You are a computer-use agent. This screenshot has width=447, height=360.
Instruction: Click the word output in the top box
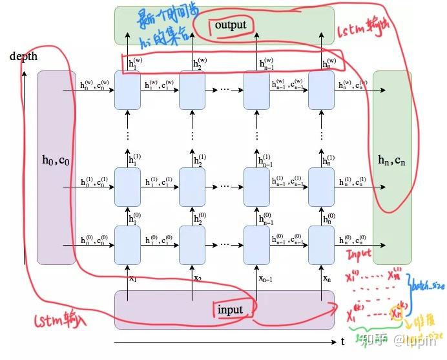[231, 25]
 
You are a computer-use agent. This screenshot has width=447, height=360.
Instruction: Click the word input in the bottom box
[230, 310]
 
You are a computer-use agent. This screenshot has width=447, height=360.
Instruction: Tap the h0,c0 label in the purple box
[56, 160]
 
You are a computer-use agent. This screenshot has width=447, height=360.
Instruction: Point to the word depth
[23, 56]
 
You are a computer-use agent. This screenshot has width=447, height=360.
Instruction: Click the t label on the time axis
[343, 341]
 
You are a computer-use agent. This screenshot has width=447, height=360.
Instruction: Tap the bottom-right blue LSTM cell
[321, 245]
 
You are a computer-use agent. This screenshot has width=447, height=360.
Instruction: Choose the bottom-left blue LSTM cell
[127, 245]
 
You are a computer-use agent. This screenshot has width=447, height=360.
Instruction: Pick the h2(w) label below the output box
[200, 63]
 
